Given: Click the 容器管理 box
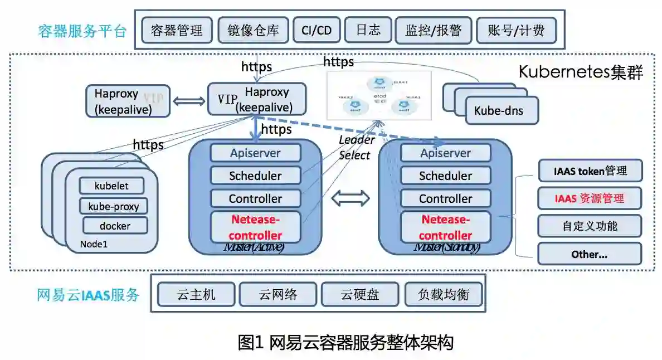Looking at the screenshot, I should click(x=177, y=30).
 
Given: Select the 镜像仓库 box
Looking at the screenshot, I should click(x=253, y=30).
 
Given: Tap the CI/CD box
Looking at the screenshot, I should click(x=316, y=30).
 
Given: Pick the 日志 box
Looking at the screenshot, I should click(x=368, y=30).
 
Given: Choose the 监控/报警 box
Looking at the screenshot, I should click(x=433, y=30).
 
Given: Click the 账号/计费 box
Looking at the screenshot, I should click(x=516, y=30).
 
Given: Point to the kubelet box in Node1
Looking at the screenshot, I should click(x=111, y=186).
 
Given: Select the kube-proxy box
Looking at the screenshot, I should click(x=113, y=206).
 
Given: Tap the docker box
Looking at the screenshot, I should click(x=115, y=226).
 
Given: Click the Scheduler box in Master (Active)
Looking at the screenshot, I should click(x=255, y=176).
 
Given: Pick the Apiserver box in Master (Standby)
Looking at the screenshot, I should click(x=445, y=153).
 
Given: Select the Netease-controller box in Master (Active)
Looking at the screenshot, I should click(x=255, y=227).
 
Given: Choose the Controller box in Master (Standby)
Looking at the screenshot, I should click(x=445, y=198).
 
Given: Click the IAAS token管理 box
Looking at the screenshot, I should click(x=590, y=171).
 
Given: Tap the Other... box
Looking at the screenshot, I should click(x=590, y=254).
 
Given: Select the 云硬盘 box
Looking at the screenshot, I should click(x=360, y=294).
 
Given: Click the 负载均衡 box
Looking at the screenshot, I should click(x=443, y=294).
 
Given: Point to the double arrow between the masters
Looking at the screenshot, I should click(x=351, y=197).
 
